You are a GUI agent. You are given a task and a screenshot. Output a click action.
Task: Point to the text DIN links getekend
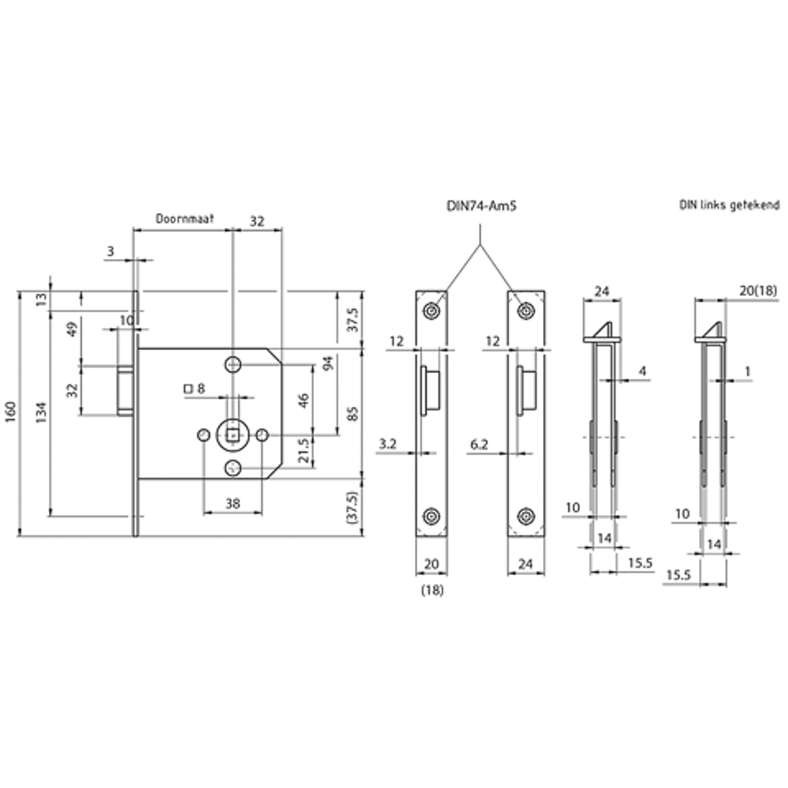(730, 204)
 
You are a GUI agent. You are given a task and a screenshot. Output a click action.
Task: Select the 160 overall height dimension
(9, 413)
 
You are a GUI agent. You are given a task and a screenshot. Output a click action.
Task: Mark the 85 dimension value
(352, 412)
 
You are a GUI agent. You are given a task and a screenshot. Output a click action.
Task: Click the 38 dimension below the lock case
(232, 503)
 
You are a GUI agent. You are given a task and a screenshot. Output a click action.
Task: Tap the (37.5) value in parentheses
(352, 507)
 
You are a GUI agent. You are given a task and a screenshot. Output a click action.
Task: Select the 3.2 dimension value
(387, 445)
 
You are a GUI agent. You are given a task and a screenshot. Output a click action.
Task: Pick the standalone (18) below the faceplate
(433, 590)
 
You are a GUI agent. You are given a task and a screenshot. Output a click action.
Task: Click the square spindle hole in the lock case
(232, 434)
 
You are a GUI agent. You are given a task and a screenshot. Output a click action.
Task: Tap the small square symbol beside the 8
(188, 388)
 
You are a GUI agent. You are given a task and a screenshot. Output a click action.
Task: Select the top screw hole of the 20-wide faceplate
(430, 311)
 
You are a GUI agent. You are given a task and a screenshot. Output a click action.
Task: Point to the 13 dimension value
(41, 299)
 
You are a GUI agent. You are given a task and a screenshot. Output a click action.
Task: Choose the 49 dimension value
(71, 329)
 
